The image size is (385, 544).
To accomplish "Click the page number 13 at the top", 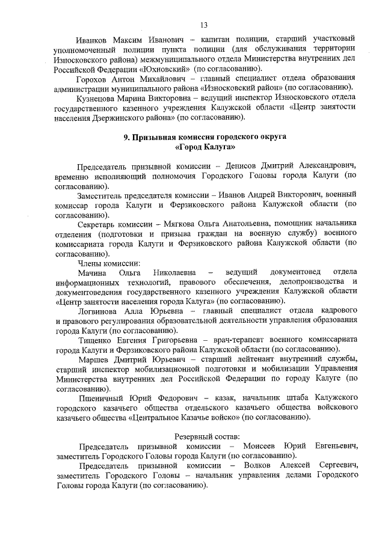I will pyautogui.click(x=204, y=25).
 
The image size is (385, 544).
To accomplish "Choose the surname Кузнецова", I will pyautogui.click(x=98, y=98).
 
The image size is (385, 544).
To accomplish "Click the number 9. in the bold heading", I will pyautogui.click(x=126, y=137).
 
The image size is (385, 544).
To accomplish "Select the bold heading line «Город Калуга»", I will pyautogui.click(x=205, y=147).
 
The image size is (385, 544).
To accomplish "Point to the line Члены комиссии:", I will pyautogui.click(x=109, y=263).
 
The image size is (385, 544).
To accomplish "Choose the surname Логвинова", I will pyautogui.click(x=99, y=311).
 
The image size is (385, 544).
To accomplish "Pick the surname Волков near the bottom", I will pyautogui.click(x=260, y=465).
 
